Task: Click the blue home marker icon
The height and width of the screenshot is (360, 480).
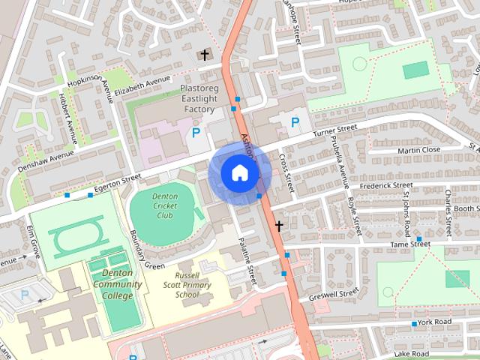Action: point(239,172)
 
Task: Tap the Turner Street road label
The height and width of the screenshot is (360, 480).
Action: point(335,131)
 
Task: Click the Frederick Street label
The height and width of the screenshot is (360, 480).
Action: point(386,184)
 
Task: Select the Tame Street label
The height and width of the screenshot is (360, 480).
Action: point(411,244)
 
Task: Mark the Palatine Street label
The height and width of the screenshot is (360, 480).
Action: point(247,259)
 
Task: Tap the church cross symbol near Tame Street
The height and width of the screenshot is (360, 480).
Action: point(279,225)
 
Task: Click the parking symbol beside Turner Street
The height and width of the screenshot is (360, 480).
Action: point(295,121)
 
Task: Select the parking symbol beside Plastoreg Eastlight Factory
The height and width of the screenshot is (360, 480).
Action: point(196,133)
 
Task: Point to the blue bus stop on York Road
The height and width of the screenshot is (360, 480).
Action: point(414,324)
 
